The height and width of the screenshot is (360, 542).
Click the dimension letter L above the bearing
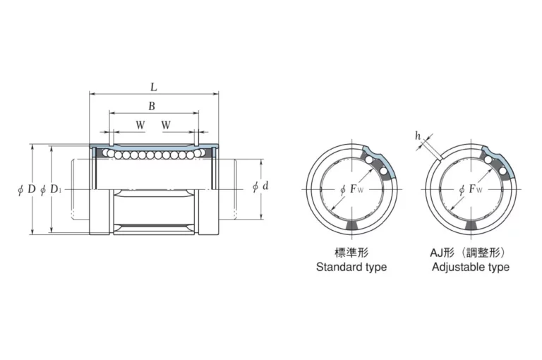point(154,87)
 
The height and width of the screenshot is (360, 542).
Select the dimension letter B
point(152,106)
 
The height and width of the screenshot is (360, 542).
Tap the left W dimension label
point(140,124)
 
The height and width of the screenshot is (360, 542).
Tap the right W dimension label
point(166,124)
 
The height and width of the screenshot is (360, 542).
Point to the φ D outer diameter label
point(27,189)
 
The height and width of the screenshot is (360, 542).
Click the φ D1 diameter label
point(51,189)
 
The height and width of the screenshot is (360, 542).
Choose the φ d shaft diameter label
point(260,187)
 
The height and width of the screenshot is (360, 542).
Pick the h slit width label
point(418,136)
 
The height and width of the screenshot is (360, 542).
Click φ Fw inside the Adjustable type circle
point(471,189)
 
